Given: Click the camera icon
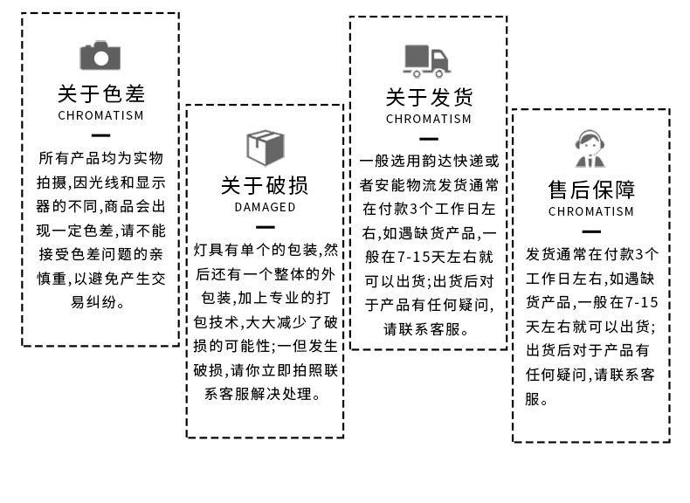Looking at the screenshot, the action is [100, 56].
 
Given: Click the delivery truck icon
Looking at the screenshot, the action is [427, 60].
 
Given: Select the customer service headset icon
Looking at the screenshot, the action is [591, 148].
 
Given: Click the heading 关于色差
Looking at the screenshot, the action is [100, 93].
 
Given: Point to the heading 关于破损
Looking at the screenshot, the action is [265, 185].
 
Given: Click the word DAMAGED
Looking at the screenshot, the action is [265, 208].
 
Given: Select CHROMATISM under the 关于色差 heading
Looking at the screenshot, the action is [100, 115].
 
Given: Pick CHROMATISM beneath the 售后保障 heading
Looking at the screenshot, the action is [591, 211].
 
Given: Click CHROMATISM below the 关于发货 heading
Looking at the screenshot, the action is [428, 119].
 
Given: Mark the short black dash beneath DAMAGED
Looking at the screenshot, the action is [265, 226].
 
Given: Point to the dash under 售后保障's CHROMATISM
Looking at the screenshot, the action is [591, 231].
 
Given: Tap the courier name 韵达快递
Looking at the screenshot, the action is [455, 162].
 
